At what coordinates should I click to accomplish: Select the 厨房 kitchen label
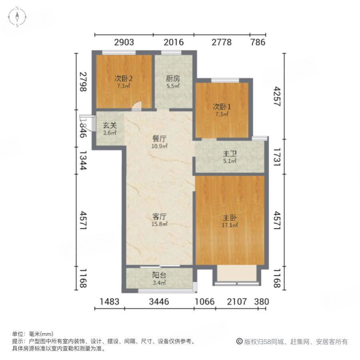pyautogui.click(x=173, y=78)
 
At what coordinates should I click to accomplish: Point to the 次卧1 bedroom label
pyautogui.click(x=220, y=107)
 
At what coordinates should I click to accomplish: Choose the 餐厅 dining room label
pyautogui.click(x=159, y=139)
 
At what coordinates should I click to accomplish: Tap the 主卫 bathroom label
pyautogui.click(x=229, y=154)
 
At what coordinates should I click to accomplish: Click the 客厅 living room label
pyautogui.click(x=159, y=216)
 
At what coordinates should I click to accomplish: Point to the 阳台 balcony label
pyautogui.click(x=159, y=275)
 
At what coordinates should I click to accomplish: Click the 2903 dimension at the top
pyautogui.click(x=124, y=42)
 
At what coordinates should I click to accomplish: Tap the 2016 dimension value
pyautogui.click(x=173, y=42)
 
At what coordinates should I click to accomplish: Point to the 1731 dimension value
pyautogui.click(x=276, y=156)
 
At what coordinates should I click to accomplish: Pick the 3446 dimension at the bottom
pyautogui.click(x=159, y=302)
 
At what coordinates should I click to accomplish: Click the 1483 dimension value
pyautogui.click(x=110, y=302)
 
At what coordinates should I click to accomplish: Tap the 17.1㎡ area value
pyautogui.click(x=230, y=226)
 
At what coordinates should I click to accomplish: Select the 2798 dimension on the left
pyautogui.click(x=82, y=82)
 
